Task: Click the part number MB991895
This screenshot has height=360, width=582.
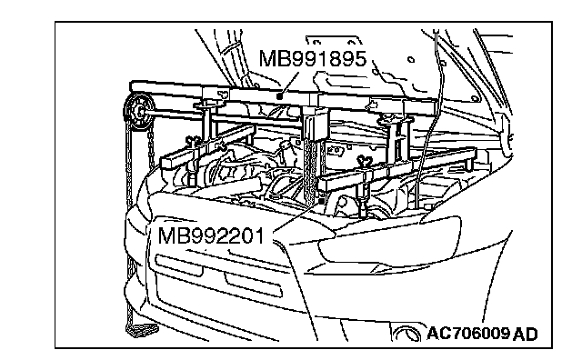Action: click(x=313, y=59)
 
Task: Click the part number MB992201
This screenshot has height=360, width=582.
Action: click(x=211, y=235)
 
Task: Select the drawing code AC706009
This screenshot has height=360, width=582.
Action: click(x=468, y=334)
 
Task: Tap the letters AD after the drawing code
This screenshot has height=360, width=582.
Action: click(x=526, y=334)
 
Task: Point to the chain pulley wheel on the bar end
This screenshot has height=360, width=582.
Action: click(x=138, y=112)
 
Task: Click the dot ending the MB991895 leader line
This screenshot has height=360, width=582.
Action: click(x=280, y=96)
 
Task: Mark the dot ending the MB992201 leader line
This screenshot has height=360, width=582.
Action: click(x=321, y=200)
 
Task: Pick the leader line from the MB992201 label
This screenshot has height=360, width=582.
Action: click(x=297, y=216)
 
